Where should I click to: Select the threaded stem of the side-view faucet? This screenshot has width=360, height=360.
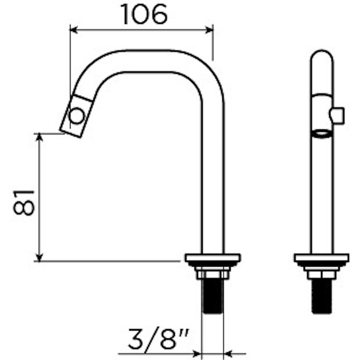(x=212, y=296)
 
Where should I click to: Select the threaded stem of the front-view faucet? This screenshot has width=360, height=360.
(x=322, y=296)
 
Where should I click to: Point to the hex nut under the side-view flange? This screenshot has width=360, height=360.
(x=212, y=275)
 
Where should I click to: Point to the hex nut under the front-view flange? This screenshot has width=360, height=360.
(x=322, y=275)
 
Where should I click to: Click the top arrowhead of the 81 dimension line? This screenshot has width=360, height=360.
(x=39, y=137)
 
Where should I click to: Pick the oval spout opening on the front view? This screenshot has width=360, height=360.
(x=322, y=133)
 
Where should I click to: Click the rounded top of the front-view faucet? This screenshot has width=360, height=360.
(x=322, y=56)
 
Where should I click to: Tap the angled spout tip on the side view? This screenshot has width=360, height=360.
(x=77, y=116)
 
